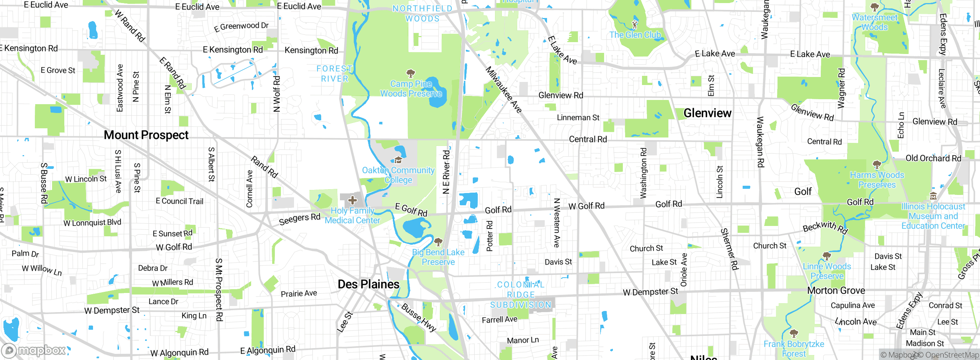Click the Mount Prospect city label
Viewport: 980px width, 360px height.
pyautogui.click(x=146, y=135)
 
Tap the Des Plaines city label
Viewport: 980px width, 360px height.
pyautogui.click(x=368, y=284)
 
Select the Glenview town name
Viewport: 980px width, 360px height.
pyautogui.click(x=707, y=113)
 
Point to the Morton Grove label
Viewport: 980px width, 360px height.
pyautogui.click(x=836, y=291)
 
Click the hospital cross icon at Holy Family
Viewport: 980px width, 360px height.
pyautogui.click(x=353, y=200)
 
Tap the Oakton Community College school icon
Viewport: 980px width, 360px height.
pyautogui.click(x=398, y=160)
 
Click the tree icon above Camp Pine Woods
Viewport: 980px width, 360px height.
pyautogui.click(x=411, y=73)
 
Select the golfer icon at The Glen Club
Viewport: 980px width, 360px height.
pyautogui.click(x=635, y=25)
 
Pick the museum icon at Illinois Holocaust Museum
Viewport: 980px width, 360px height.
pyautogui.click(x=933, y=196)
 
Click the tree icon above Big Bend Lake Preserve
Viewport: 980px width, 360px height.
pyautogui.click(x=438, y=242)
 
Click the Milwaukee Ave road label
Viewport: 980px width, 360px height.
pyautogui.click(x=503, y=90)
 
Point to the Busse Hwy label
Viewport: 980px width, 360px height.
pyautogui.click(x=419, y=317)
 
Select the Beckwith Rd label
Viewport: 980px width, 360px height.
pyautogui.click(x=825, y=227)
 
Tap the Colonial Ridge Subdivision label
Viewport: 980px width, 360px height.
pyautogui.click(x=521, y=295)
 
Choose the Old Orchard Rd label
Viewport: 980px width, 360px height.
pyautogui.click(x=933, y=158)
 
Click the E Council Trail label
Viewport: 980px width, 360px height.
pyautogui.click(x=180, y=201)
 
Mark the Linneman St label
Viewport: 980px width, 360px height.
pyautogui.click(x=578, y=118)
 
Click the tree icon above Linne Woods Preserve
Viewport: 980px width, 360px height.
pyautogui.click(x=826, y=256)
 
